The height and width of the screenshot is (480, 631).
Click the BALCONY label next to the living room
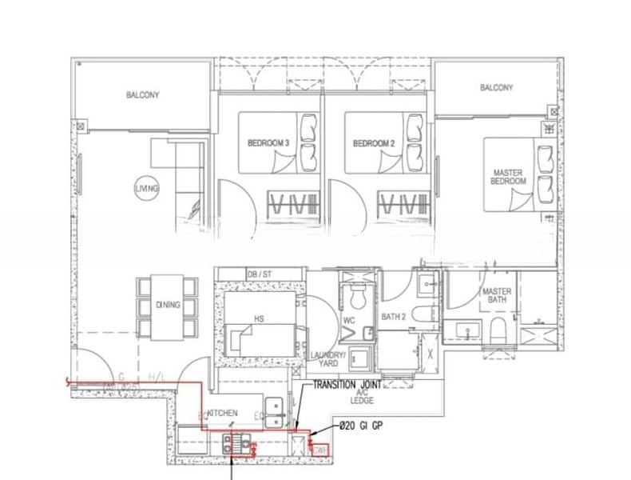click(x=142, y=95)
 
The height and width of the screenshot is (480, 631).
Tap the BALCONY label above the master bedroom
click(x=496, y=88)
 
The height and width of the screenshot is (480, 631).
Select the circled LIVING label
click(x=147, y=188)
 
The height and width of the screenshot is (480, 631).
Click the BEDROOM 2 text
click(x=374, y=143)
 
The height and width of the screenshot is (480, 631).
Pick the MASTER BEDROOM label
click(x=508, y=177)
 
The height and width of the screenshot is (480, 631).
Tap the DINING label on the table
click(x=168, y=305)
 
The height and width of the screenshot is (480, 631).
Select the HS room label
click(x=259, y=318)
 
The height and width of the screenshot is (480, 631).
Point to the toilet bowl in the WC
click(x=358, y=298)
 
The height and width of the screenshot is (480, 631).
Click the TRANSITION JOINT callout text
click(x=350, y=385)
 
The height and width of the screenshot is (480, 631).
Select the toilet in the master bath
click(x=498, y=329)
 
